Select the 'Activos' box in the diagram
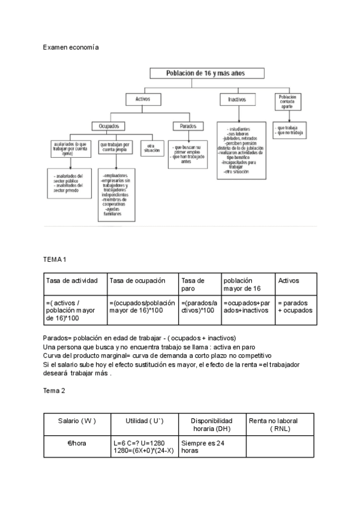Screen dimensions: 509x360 click(143, 98)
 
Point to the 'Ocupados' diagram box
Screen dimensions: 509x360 click(109, 126)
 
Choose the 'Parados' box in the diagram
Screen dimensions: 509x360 click(184, 126)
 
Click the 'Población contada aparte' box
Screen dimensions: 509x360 click(287, 101)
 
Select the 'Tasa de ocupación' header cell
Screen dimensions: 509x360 click(142, 280)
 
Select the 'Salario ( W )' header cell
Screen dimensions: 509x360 click(77, 421)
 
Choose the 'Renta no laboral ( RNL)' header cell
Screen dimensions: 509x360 click(281, 424)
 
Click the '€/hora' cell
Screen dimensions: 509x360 click(77, 444)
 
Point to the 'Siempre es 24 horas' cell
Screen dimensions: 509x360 click(212, 447)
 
